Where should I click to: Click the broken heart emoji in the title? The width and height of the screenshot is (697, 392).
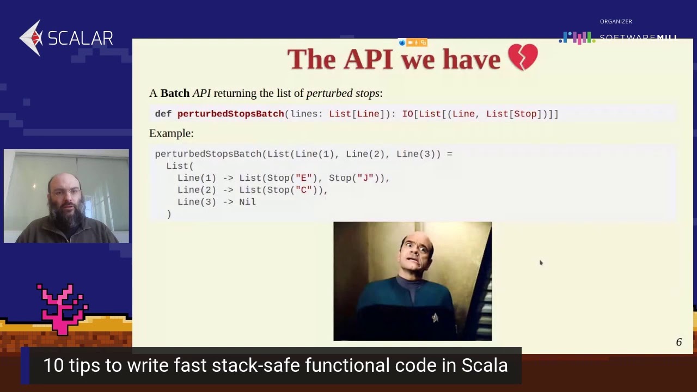[x=523, y=58]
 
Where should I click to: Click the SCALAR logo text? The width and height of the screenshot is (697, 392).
[x=80, y=38]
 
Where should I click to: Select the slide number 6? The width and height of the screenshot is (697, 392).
[x=678, y=342]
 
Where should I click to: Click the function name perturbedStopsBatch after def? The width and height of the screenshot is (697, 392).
[x=230, y=114]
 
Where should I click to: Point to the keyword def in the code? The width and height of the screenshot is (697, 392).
[x=163, y=114]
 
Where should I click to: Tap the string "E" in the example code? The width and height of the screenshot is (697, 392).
[x=303, y=178]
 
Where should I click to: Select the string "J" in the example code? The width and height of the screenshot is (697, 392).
[x=365, y=178]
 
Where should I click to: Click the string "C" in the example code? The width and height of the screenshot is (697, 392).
[x=303, y=190]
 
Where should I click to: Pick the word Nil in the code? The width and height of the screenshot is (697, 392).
[x=247, y=202]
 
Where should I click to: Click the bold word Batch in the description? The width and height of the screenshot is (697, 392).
[x=175, y=93]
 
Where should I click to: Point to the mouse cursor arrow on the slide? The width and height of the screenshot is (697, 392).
[x=541, y=263]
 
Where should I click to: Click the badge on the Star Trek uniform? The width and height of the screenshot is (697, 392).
[x=435, y=318]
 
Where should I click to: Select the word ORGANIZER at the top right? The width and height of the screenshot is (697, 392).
[x=616, y=22]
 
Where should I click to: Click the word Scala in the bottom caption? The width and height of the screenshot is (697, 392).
[x=485, y=365]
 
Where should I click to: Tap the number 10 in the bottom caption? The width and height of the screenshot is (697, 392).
[x=53, y=365]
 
